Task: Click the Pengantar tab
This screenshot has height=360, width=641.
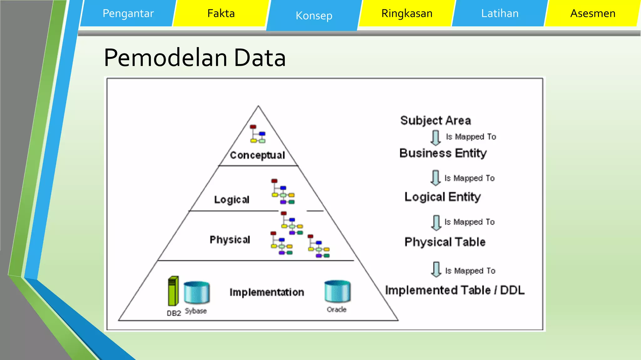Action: coord(128,13)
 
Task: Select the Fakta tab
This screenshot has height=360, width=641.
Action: coord(221,13)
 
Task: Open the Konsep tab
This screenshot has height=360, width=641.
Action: coord(314,16)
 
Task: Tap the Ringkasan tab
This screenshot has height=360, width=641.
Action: coord(407,13)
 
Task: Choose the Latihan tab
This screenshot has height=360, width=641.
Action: coord(500,13)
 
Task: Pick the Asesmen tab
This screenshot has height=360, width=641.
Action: coord(593,13)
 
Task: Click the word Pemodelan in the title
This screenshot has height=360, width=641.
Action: coord(166,58)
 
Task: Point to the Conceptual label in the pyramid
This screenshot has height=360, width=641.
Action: coord(257,155)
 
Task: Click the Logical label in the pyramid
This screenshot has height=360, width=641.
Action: coord(232,200)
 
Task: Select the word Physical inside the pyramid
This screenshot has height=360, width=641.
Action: coord(230,240)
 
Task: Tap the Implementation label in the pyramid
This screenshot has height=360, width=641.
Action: coord(267,292)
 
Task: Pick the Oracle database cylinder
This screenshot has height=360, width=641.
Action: coord(337,292)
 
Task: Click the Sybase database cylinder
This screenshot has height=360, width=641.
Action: coord(197,292)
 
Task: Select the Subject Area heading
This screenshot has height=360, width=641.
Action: coord(435,121)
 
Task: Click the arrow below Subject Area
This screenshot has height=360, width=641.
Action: coord(435,138)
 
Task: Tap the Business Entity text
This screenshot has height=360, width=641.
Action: coord(443,153)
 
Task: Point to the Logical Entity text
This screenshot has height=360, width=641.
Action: coord(442,197)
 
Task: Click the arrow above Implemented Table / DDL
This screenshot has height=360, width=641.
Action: coord(436,269)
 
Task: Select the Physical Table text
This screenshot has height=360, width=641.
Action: coord(445,242)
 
